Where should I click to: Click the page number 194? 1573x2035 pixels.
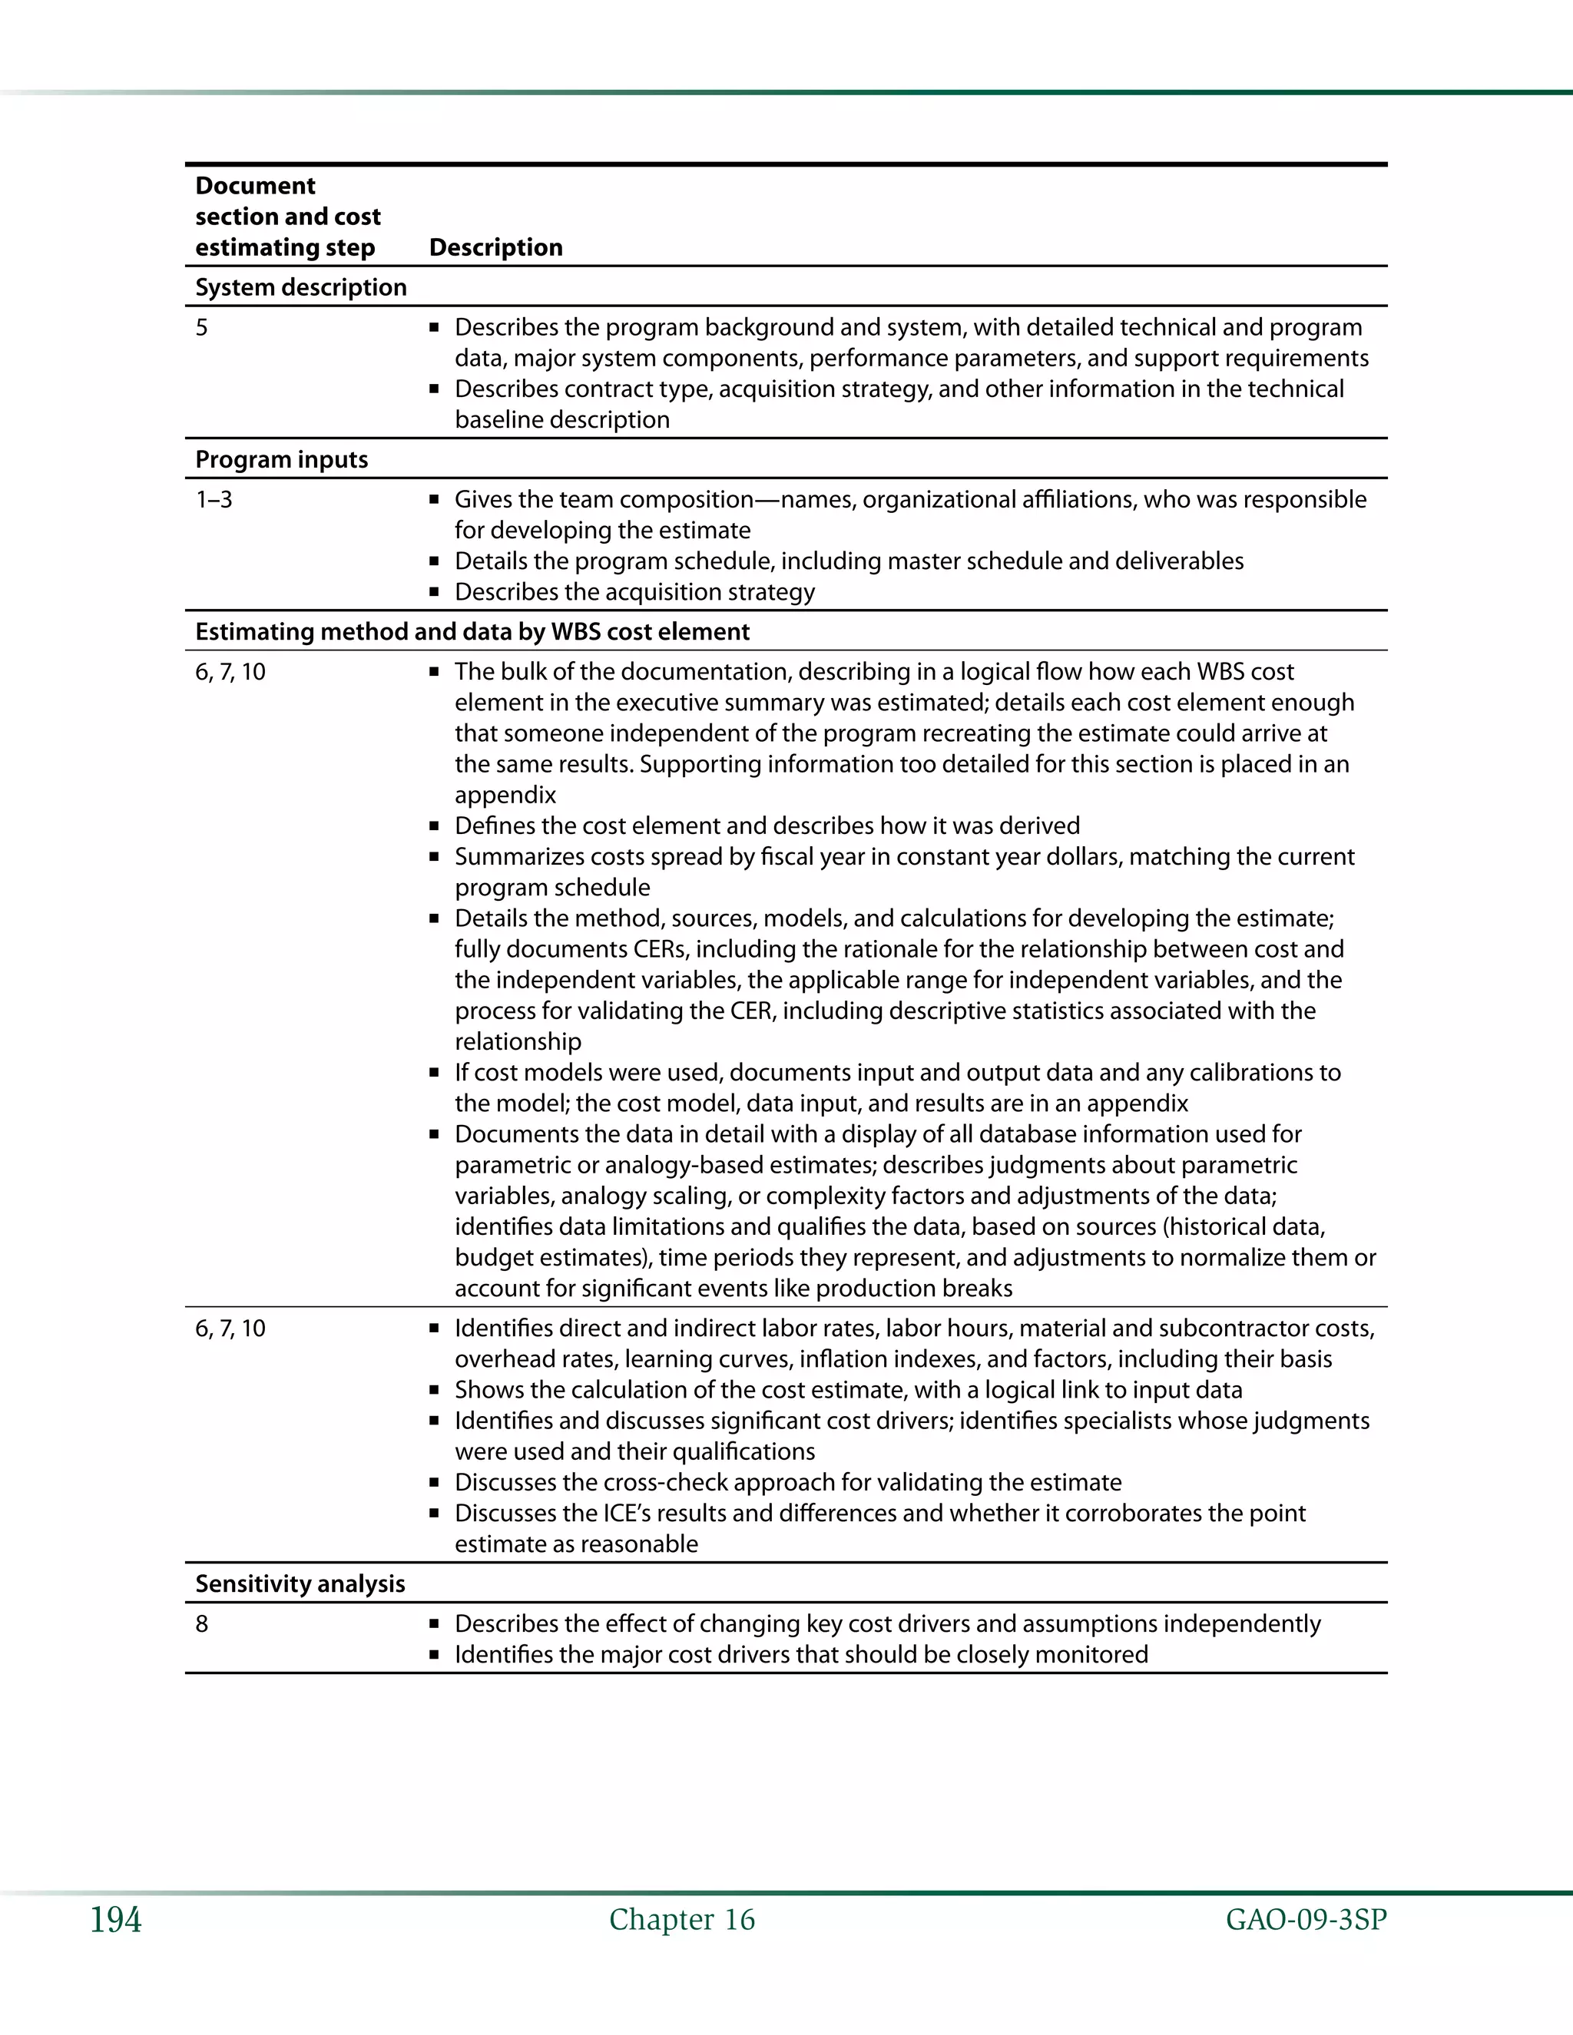pyautogui.click(x=115, y=1921)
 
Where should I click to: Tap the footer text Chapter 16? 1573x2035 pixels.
pyautogui.click(x=682, y=1920)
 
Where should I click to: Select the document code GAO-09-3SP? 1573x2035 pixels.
pyautogui.click(x=1306, y=1920)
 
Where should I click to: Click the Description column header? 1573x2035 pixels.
pyautogui.click(x=495, y=247)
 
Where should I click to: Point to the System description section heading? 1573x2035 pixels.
pyautogui.click(x=301, y=287)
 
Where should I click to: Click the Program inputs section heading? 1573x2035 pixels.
pyautogui.click(x=281, y=459)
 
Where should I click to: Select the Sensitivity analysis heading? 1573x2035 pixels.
pyautogui.click(x=300, y=1584)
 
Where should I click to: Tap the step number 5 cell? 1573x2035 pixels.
pyautogui.click(x=201, y=327)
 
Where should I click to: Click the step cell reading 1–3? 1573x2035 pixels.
pyautogui.click(x=214, y=499)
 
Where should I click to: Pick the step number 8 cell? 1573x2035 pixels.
pyautogui.click(x=201, y=1624)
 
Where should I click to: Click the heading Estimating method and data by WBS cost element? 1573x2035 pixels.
pyautogui.click(x=472, y=632)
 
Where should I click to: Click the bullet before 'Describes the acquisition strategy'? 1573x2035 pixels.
pyautogui.click(x=434, y=593)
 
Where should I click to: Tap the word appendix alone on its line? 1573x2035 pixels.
pyautogui.click(x=505, y=795)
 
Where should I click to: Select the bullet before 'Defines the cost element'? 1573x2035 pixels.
pyautogui.click(x=434, y=826)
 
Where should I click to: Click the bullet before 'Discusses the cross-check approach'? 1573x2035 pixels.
pyautogui.click(x=434, y=1482)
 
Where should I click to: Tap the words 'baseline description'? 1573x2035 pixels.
pyautogui.click(x=562, y=419)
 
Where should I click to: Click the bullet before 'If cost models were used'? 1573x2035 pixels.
pyautogui.click(x=434, y=1074)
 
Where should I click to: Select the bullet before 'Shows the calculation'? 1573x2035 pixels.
pyautogui.click(x=434, y=1390)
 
